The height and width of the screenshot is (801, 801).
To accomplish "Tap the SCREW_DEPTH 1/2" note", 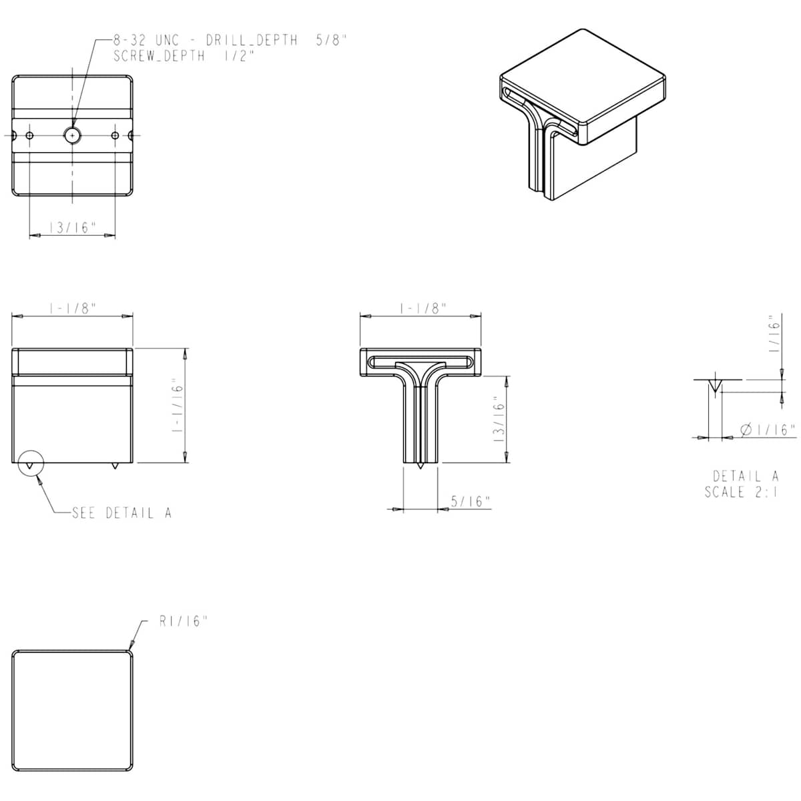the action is click(x=184, y=55).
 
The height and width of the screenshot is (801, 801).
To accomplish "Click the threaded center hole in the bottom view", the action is click(x=72, y=135).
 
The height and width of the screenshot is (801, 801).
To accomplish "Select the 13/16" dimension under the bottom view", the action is click(x=72, y=228).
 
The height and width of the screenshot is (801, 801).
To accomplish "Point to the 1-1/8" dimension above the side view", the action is click(x=72, y=308).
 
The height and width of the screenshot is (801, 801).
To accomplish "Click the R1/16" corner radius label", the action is click(x=183, y=621).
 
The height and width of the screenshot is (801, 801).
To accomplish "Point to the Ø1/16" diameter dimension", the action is click(x=768, y=430).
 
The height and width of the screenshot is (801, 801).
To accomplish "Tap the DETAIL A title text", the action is click(x=746, y=476).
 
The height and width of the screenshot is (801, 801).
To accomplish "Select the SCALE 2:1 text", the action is click(x=741, y=492).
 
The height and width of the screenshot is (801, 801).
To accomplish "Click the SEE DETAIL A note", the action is click(x=121, y=513).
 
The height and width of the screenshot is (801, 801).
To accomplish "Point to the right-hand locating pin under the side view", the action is click(x=115, y=465).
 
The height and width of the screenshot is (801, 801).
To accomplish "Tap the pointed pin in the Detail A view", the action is click(x=714, y=385).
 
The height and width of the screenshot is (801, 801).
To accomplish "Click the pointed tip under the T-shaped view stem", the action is click(x=421, y=465).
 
